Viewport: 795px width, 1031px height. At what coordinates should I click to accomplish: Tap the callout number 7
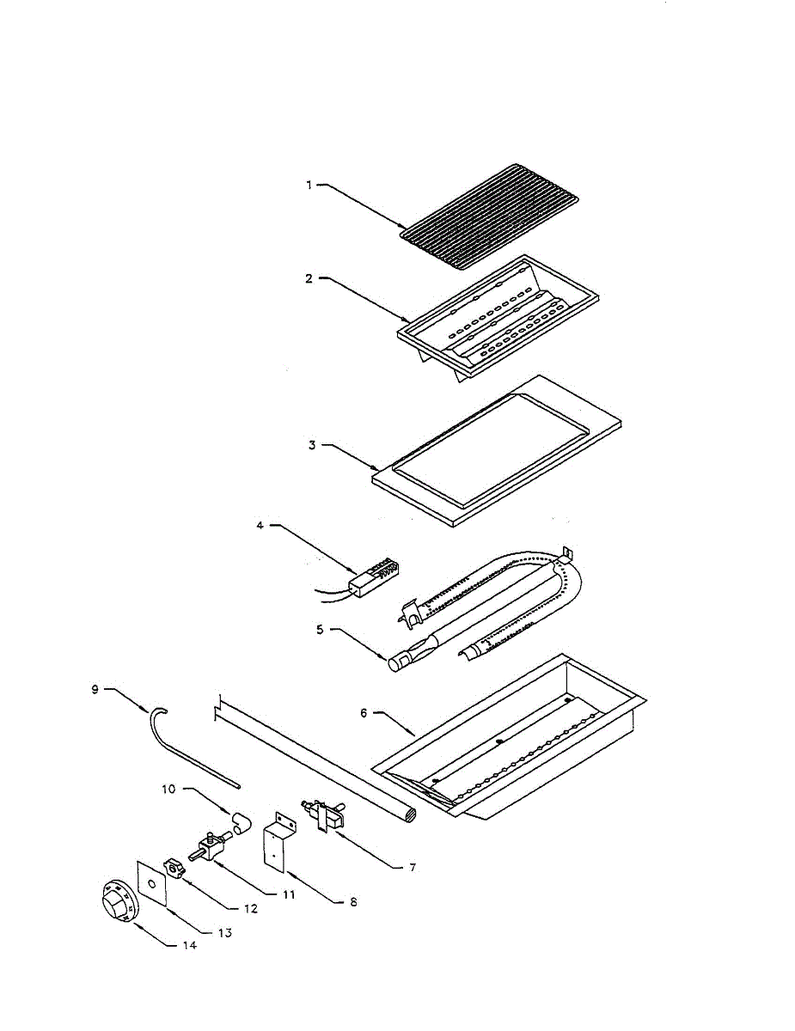pos(412,867)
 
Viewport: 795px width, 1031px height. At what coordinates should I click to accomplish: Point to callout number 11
pos(289,894)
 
